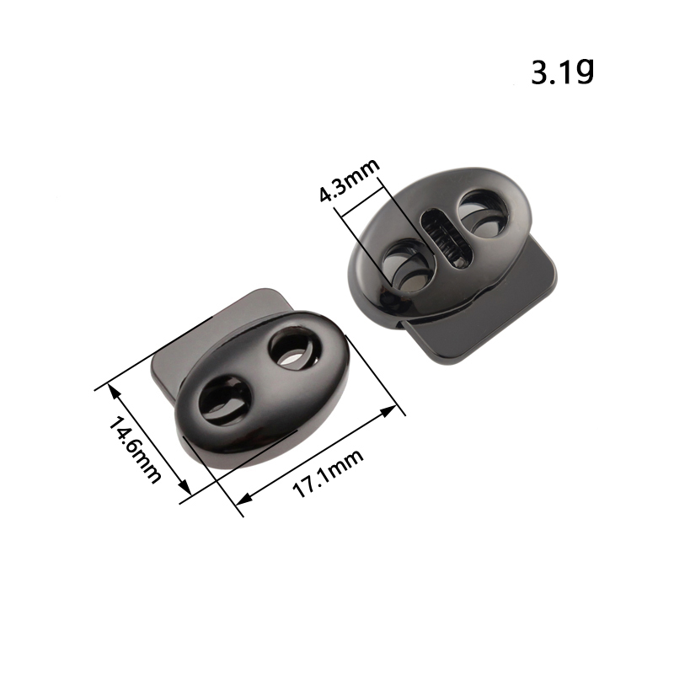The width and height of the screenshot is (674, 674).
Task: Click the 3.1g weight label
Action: (x=563, y=72)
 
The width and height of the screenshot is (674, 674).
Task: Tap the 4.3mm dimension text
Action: (x=350, y=179)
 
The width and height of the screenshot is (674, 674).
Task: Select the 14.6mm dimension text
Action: (x=134, y=450)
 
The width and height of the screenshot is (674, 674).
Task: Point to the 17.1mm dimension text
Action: (x=328, y=473)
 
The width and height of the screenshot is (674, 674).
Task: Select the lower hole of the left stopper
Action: (x=224, y=401)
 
